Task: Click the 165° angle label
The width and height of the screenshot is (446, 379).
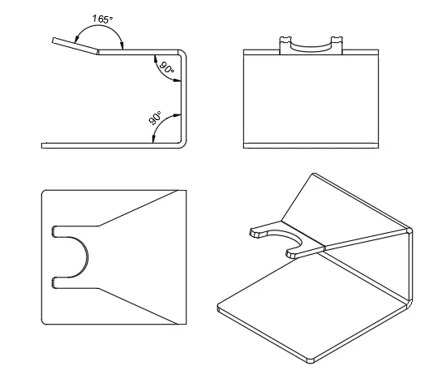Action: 102,18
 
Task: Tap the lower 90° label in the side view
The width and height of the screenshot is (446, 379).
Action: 154,118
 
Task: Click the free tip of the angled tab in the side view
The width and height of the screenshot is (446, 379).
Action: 53,40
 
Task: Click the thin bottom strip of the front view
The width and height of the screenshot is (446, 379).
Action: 311,144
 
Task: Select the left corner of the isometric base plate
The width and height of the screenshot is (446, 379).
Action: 221,308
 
